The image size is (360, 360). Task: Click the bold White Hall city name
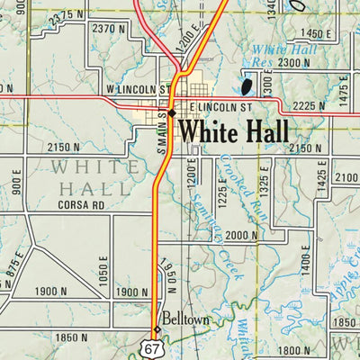click(x=234, y=131)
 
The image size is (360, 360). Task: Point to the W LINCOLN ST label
click(x=136, y=91)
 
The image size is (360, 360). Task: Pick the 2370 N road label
click(x=108, y=29)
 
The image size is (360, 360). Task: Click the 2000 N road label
click(x=241, y=236)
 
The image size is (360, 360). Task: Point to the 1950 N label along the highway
click(x=166, y=275)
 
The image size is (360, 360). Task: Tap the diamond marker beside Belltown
click(x=157, y=329)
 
